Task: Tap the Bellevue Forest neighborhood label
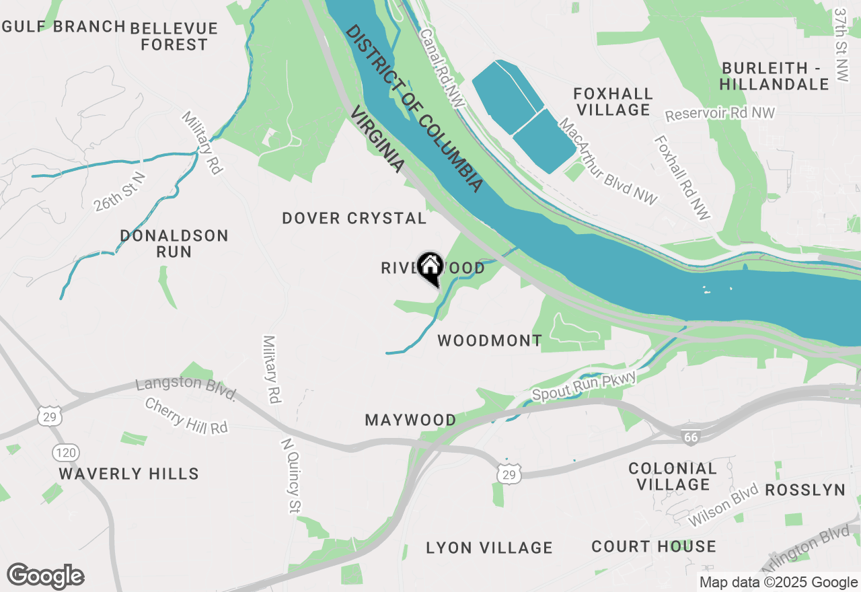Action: pos(174,36)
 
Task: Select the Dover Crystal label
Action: pos(354,218)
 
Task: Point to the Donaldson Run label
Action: pos(174,244)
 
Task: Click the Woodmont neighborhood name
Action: pos(490,341)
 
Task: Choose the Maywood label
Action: pos(410,420)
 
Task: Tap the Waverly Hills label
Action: pos(128,474)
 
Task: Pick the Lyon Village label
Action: pos(489,548)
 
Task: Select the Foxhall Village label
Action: pos(613,102)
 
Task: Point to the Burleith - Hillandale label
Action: pos(774,76)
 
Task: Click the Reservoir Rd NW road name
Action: pos(720,114)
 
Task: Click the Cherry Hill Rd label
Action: pos(186,416)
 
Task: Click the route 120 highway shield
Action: pos(67,452)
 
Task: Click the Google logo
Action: pos(45,577)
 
